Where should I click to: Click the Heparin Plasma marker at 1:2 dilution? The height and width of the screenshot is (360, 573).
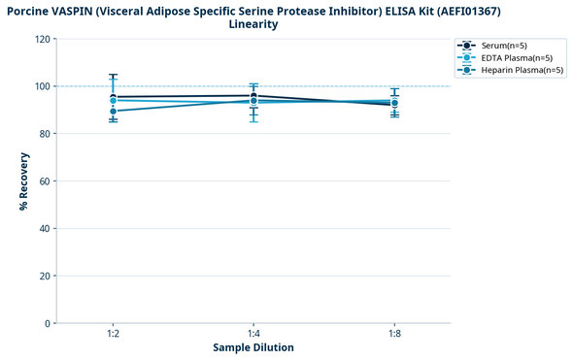pyautogui.click(x=114, y=112)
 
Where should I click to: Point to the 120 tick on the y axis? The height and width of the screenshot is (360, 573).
pyautogui.click(x=42, y=40)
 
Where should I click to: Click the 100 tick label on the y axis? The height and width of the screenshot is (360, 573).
pyautogui.click(x=42, y=86)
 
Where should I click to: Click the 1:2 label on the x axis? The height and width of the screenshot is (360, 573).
pyautogui.click(x=114, y=334)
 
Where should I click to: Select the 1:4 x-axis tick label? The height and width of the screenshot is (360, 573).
pyautogui.click(x=253, y=334)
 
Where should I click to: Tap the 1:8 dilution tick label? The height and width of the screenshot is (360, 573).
pyautogui.click(x=393, y=334)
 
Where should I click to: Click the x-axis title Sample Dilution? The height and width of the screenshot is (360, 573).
pyautogui.click(x=253, y=347)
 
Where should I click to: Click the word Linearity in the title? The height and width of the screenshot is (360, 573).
pyautogui.click(x=253, y=24)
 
